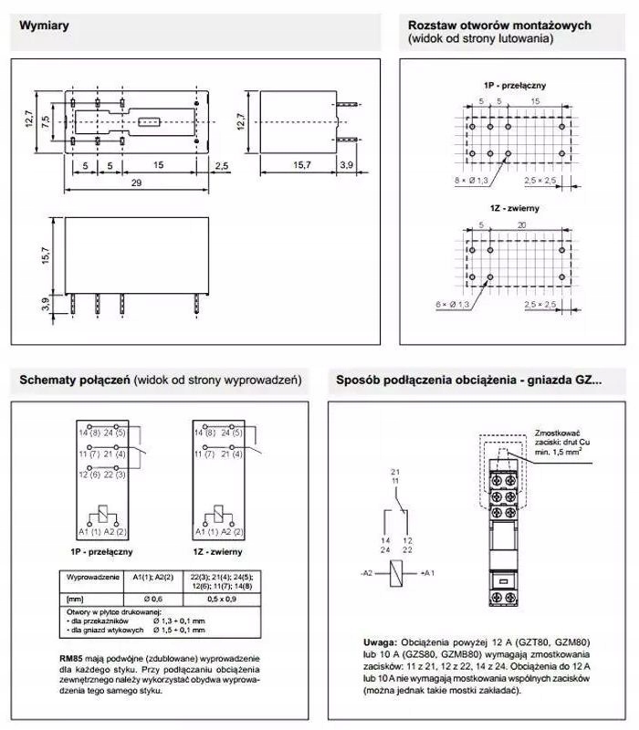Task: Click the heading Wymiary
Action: click(45, 26)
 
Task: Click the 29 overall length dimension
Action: click(136, 184)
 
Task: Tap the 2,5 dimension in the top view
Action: click(222, 165)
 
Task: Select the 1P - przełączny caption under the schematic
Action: click(101, 552)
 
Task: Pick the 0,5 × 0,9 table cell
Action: click(222, 599)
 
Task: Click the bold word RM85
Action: click(72, 658)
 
